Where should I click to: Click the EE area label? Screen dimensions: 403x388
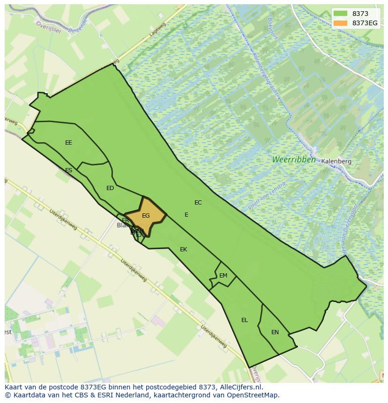[68, 143]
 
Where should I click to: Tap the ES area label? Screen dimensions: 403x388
[69, 170]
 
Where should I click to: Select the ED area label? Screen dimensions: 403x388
[110, 188]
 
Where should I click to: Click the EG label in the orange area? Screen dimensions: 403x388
[146, 216]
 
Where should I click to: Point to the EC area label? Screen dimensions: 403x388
[198, 203]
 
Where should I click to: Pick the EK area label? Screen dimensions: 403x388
[183, 249]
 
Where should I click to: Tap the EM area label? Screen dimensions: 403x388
[223, 276]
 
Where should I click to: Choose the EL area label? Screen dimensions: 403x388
[245, 320]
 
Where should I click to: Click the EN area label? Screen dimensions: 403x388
[275, 332]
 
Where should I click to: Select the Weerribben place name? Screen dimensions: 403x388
[294, 160]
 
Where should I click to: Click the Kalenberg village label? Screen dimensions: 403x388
[336, 161]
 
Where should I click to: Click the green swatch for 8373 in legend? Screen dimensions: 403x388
[341, 14]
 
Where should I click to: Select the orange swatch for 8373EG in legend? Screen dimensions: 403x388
[341, 23]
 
